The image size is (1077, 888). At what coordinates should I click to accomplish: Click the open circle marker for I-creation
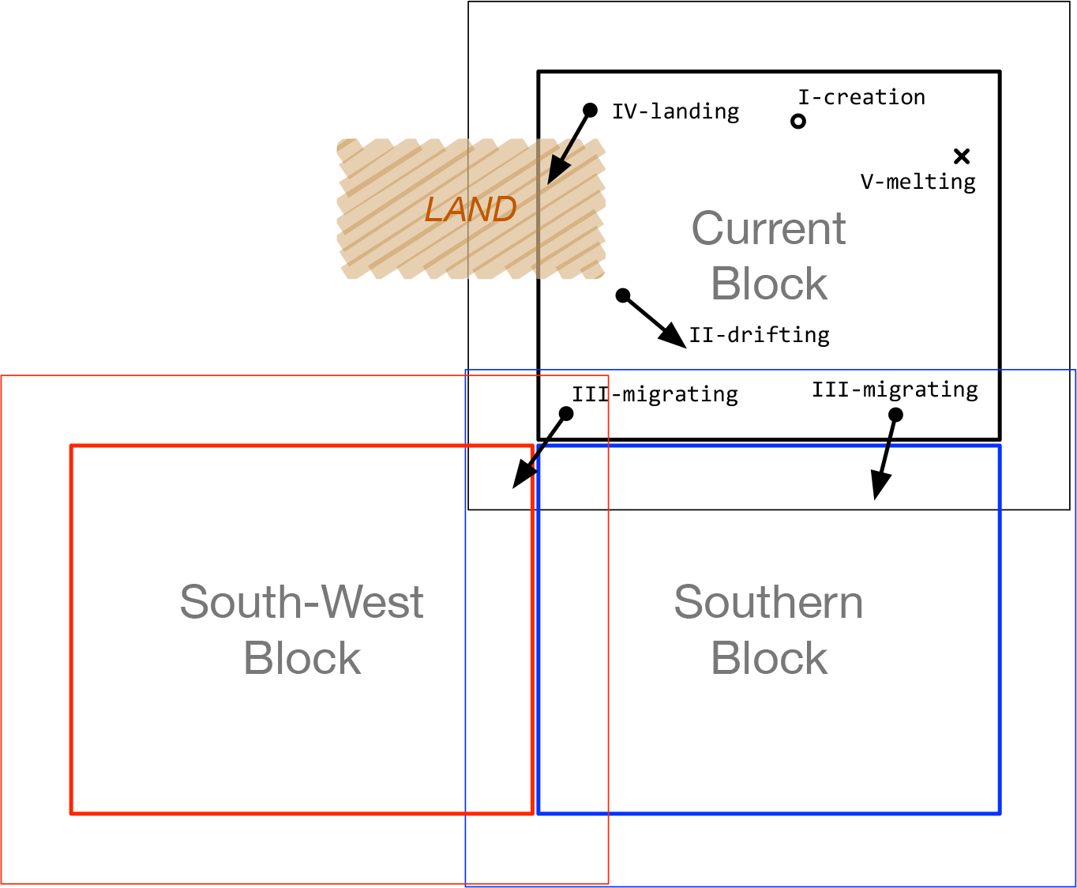click(x=798, y=122)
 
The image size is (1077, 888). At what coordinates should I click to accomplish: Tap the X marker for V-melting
click(x=961, y=156)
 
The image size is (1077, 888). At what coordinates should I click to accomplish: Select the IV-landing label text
click(x=675, y=111)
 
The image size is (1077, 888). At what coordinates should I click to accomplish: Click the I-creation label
click(x=861, y=97)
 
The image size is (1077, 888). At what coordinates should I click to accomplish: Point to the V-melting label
click(x=918, y=182)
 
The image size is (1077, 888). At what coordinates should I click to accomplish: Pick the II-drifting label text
click(x=759, y=335)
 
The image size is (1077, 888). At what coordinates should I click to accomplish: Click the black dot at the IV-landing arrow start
click(x=590, y=110)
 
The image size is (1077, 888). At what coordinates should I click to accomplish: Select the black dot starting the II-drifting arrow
click(x=623, y=295)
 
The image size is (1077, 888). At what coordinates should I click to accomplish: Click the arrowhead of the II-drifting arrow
click(x=674, y=338)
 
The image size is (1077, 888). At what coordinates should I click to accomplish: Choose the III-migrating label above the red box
click(x=655, y=394)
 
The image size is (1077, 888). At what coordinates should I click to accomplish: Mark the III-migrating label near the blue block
click(x=895, y=389)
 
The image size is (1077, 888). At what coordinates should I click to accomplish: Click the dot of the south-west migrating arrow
click(x=566, y=413)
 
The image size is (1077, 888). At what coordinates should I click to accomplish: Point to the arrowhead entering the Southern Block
click(x=879, y=487)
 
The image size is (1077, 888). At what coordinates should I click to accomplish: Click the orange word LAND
click(x=471, y=209)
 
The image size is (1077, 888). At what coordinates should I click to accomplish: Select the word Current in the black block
click(x=768, y=229)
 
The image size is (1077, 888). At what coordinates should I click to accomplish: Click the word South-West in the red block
click(x=302, y=602)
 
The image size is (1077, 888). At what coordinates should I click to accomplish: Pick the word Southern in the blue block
click(x=768, y=602)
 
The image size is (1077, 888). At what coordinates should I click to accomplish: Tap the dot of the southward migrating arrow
click(x=895, y=415)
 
